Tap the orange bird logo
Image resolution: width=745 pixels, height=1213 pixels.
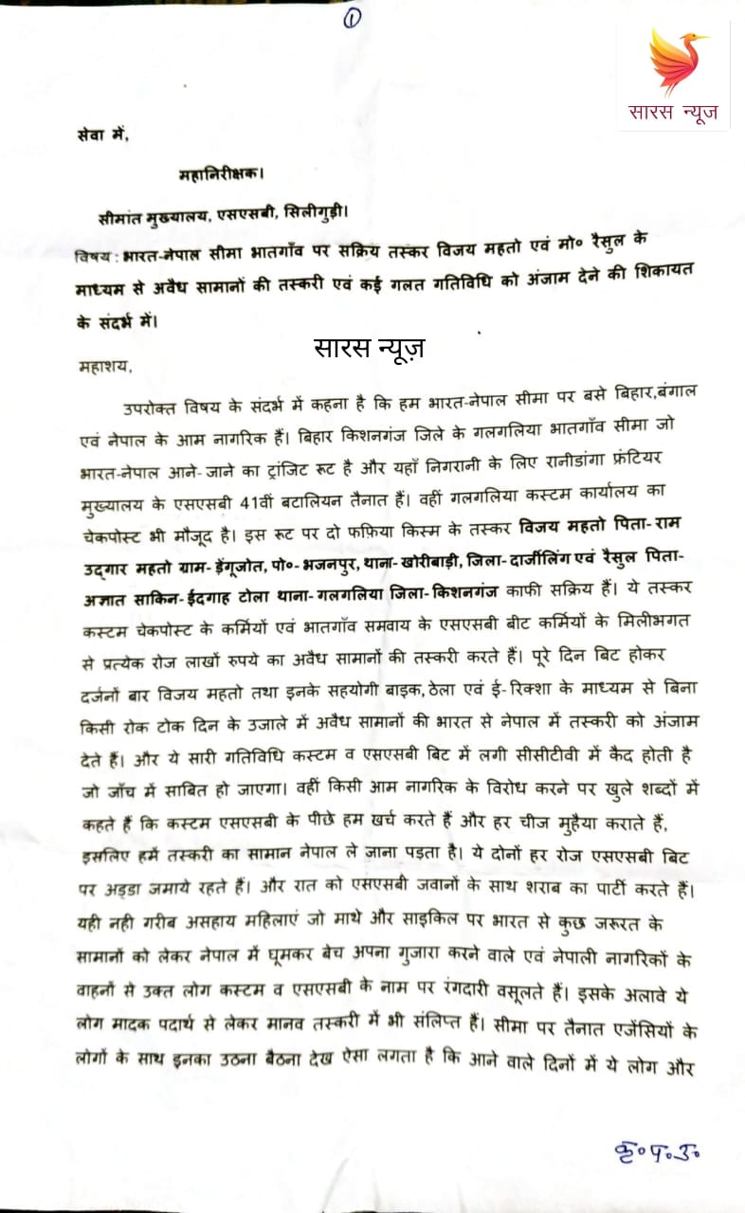[x=678, y=61]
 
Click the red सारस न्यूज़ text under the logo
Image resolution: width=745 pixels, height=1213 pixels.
[x=674, y=113]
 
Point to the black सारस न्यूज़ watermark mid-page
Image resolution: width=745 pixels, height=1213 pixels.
[x=370, y=347]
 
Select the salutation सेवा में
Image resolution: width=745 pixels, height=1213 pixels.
[x=101, y=135]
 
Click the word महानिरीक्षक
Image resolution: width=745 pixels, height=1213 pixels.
[x=220, y=174]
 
